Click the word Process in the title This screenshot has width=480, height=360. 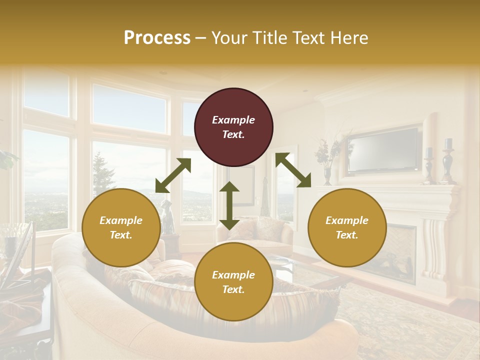pyautogui.click(x=157, y=38)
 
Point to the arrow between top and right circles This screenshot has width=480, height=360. pyautogui.click(x=293, y=170)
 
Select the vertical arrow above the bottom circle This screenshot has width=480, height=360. pyautogui.click(x=229, y=205)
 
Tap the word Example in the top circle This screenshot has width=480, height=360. pyautogui.click(x=233, y=120)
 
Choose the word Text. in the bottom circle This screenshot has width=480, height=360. pyautogui.click(x=233, y=289)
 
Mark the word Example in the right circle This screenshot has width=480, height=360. pyautogui.click(x=347, y=220)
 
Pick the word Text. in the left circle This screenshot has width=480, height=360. pyautogui.click(x=121, y=235)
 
